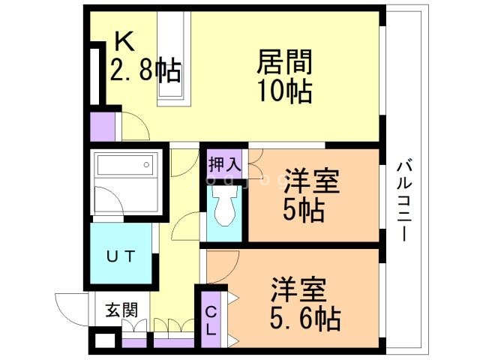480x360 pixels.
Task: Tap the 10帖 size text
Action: coord(285,91)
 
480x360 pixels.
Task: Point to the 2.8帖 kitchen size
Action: coord(145,70)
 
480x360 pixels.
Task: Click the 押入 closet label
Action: coord(225,163)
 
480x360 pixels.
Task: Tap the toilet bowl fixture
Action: coord(224,205)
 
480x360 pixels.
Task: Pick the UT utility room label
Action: coord(120,256)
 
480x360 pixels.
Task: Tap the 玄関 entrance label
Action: coord(120,309)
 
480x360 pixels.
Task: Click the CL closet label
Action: coord(211,319)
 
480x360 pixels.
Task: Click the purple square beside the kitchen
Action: coord(103,126)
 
